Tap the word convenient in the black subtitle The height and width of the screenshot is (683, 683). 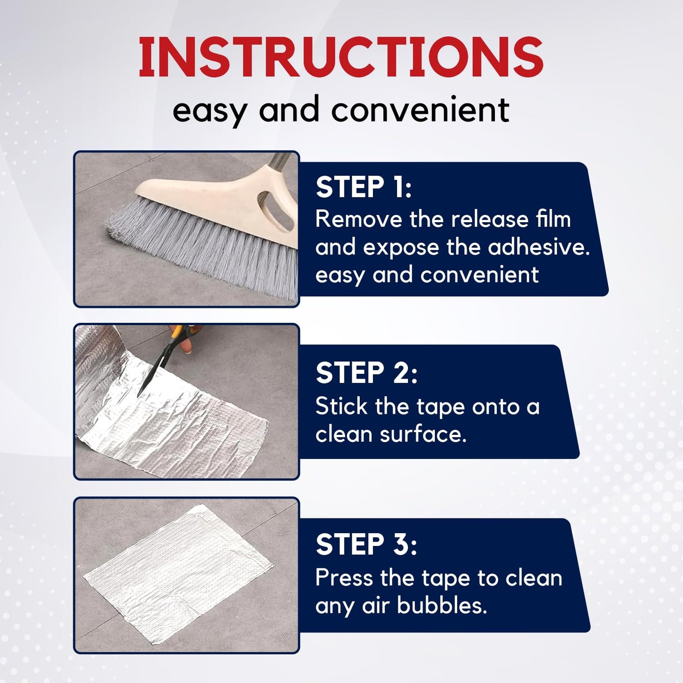(x=420, y=110)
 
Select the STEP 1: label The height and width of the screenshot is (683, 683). (x=363, y=187)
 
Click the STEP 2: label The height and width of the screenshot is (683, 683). (x=366, y=373)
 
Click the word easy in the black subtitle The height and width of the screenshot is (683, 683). (x=209, y=111)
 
